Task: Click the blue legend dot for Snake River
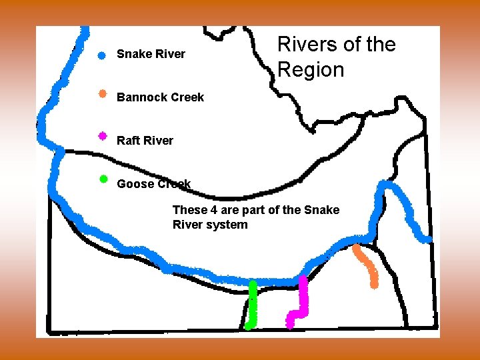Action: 101,56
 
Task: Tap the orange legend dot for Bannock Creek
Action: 102,94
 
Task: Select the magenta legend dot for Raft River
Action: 102,136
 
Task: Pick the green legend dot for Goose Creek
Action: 103,179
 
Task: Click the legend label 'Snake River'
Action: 151,54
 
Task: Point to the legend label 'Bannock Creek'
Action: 160,97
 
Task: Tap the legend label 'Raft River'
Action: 145,141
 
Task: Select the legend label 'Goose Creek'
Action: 153,184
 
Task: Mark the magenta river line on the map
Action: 303,300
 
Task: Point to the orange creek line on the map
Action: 367,265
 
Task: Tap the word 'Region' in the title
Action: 311,69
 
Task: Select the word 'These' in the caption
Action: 190,210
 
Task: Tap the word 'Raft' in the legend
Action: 128,141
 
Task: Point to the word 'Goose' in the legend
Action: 133,184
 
